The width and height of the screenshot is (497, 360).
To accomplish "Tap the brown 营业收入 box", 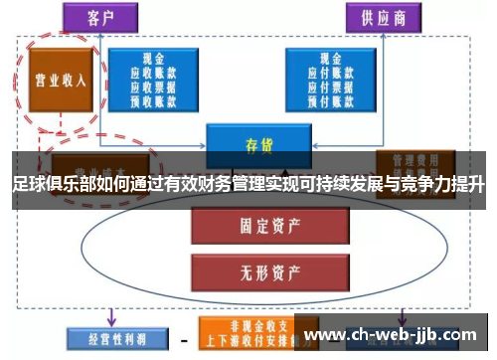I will [x=61, y=80].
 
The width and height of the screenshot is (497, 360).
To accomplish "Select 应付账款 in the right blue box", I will [x=328, y=72].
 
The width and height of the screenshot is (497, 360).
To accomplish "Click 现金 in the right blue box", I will [x=328, y=59].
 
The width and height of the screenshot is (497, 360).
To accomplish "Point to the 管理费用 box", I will [x=415, y=159].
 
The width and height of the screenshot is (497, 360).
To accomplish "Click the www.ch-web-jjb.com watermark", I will [x=398, y=334].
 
